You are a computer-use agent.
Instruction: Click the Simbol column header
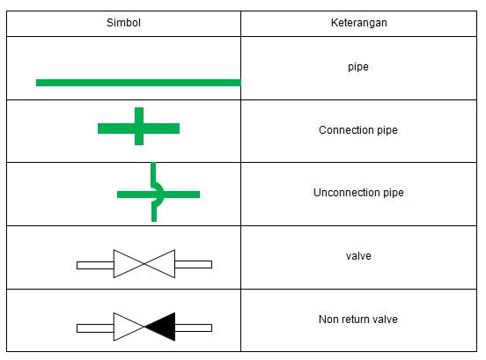click(x=123, y=23)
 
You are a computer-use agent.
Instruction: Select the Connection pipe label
click(x=357, y=130)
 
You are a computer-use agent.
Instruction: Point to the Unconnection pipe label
click(x=358, y=193)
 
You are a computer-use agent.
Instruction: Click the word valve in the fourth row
click(x=358, y=256)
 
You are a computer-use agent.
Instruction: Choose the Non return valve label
click(x=358, y=320)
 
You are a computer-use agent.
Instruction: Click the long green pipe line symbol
click(x=137, y=83)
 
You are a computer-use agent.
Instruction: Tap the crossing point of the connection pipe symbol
click(x=139, y=129)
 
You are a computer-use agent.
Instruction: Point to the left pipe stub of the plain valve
click(x=95, y=264)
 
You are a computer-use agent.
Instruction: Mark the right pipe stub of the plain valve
click(x=194, y=264)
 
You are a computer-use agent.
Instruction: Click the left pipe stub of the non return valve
click(x=95, y=327)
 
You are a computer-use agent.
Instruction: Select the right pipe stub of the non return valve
click(x=194, y=327)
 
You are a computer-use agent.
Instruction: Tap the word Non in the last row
click(x=328, y=320)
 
